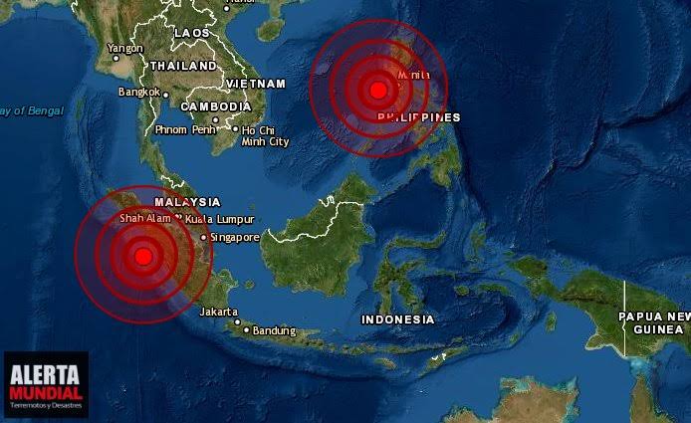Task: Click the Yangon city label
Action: click(125, 48)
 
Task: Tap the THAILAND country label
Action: click(183, 66)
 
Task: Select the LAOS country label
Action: click(192, 33)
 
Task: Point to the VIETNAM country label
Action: click(256, 84)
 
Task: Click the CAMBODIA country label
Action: click(216, 106)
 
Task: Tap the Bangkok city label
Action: click(138, 92)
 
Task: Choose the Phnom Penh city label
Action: click(186, 129)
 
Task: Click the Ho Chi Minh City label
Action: click(265, 135)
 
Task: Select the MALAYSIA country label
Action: click(187, 201)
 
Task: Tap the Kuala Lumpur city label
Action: click(219, 219)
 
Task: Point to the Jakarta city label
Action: click(218, 312)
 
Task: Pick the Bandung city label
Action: click(274, 330)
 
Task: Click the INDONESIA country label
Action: click(397, 319)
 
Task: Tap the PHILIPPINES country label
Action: click(419, 117)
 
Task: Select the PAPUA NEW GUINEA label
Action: click(654, 322)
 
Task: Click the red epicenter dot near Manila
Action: click(377, 91)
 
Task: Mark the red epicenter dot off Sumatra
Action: click(142, 256)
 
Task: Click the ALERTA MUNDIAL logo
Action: click(45, 383)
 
